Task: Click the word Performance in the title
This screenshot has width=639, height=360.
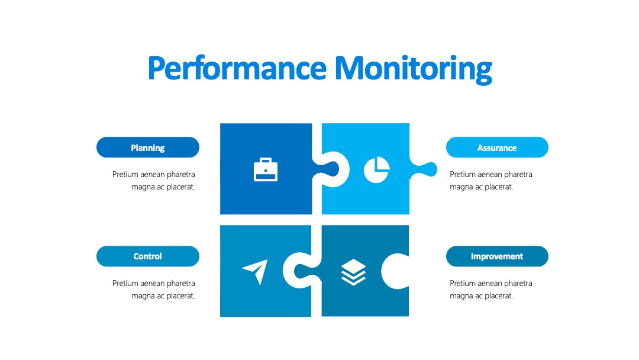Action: tap(237, 67)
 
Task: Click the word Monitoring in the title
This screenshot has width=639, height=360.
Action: tap(413, 69)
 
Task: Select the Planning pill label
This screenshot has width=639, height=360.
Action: tap(148, 147)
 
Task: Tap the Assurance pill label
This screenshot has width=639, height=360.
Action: tap(497, 147)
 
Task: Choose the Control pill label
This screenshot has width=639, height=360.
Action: tap(148, 256)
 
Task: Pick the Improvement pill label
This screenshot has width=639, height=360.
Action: tap(497, 256)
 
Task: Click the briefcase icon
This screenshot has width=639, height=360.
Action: tap(266, 169)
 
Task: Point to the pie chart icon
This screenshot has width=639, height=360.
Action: tap(376, 169)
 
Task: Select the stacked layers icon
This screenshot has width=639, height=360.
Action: tap(353, 272)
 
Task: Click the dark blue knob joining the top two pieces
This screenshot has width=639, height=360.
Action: tap(327, 169)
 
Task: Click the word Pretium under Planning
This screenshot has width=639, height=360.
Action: tap(125, 175)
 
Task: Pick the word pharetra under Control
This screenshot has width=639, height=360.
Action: tap(181, 284)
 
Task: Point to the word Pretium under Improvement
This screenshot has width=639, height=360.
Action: tap(463, 284)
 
